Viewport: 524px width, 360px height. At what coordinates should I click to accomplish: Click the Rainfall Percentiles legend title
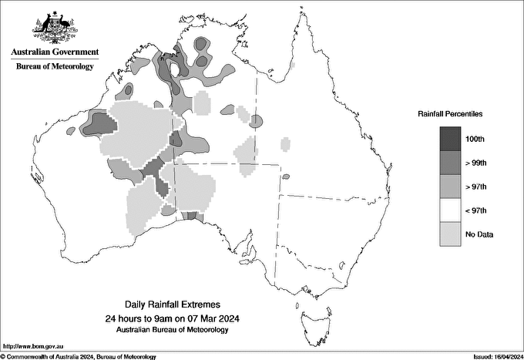click(450, 113)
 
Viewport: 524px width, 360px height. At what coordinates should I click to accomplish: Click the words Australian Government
click(55, 52)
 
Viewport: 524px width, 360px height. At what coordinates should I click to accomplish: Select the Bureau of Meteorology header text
click(55, 66)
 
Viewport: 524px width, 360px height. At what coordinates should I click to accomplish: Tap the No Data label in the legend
click(479, 234)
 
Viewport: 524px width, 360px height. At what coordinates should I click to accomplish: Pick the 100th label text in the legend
click(475, 139)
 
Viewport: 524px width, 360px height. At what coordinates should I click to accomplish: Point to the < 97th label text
click(475, 210)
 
